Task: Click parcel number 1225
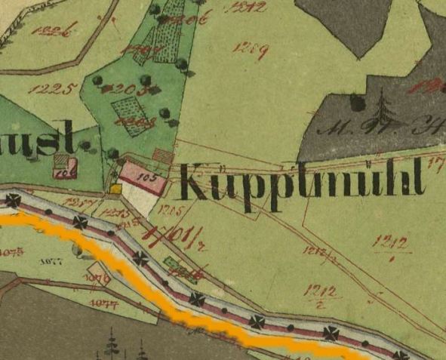[53, 89]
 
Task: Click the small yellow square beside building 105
[115, 189]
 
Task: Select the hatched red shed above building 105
[162, 155]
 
